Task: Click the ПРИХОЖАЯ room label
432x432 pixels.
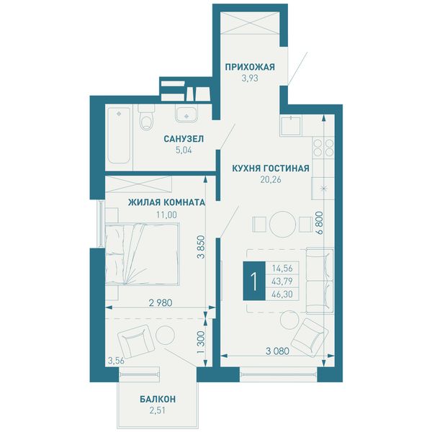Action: pyautogui.click(x=250, y=67)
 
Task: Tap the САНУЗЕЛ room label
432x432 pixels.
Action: pyautogui.click(x=184, y=139)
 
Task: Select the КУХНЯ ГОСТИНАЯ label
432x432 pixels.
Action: pyautogui.click(x=271, y=168)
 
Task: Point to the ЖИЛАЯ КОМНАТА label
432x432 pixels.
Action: pyautogui.click(x=167, y=202)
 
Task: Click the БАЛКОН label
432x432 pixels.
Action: pyautogui.click(x=158, y=399)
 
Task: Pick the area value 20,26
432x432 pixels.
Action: pyautogui.click(x=271, y=179)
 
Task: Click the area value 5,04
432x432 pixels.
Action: pyautogui.click(x=184, y=150)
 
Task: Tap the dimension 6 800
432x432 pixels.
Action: pyautogui.click(x=320, y=222)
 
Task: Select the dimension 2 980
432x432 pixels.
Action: pyautogui.click(x=161, y=303)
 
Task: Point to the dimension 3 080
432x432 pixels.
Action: pyautogui.click(x=277, y=351)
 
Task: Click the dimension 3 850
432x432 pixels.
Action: pyautogui.click(x=202, y=246)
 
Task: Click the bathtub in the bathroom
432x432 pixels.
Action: pyautogui.click(x=119, y=135)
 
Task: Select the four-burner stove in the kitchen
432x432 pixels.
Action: pyautogui.click(x=323, y=148)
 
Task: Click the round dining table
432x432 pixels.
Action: pyautogui.click(x=282, y=224)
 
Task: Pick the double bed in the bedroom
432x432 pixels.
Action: pyautogui.click(x=142, y=253)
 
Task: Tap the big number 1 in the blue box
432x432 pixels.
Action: pyautogui.click(x=254, y=281)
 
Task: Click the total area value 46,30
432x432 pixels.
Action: pyautogui.click(x=282, y=294)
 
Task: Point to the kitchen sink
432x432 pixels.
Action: pyautogui.click(x=291, y=125)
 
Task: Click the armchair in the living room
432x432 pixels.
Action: pyautogui.click(x=310, y=338)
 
